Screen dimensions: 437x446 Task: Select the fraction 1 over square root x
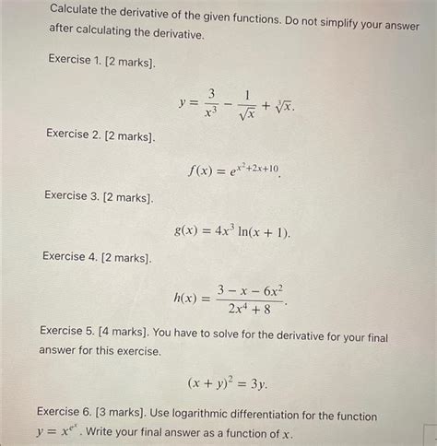coord(246,103)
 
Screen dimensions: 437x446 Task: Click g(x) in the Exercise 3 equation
coord(187,231)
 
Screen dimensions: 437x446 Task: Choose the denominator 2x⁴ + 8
coord(249,310)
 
